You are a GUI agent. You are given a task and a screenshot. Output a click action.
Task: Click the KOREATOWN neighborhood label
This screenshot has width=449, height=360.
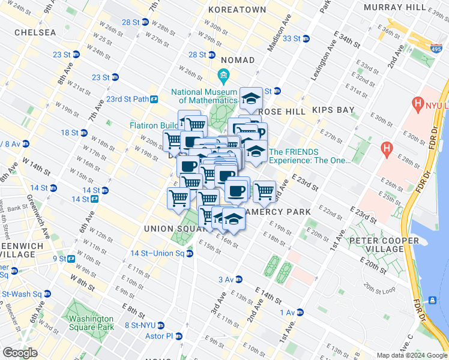point(237,10)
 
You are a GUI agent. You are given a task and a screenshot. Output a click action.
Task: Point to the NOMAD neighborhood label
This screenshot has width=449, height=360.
point(238,61)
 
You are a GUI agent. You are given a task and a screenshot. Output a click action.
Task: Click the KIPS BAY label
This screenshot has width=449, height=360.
point(333,110)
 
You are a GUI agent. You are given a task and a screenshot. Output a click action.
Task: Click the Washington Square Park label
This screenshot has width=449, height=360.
point(91,323)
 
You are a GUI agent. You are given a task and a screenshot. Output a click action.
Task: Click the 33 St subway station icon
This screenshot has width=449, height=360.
point(306,38)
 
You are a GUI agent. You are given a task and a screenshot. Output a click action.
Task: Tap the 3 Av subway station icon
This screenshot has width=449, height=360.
point(238,280)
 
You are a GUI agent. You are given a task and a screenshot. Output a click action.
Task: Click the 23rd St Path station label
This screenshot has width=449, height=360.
point(127,99)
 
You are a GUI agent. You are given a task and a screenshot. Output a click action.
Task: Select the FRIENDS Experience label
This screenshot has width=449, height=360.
point(309,156)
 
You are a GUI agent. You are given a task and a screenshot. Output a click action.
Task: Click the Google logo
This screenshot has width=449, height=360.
point(20,353)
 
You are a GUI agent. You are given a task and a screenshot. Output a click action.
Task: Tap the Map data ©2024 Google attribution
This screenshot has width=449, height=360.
point(411,355)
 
